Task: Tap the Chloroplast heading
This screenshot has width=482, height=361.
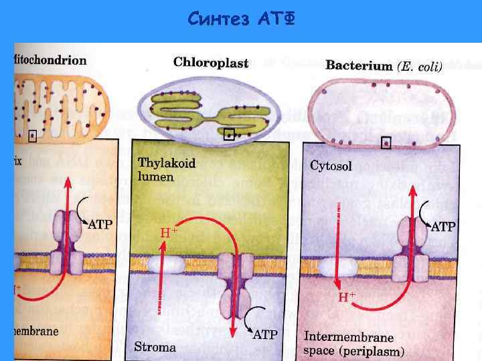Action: pyautogui.click(x=211, y=64)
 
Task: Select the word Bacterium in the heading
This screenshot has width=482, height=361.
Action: pyautogui.click(x=358, y=66)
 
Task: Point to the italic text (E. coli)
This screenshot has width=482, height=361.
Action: pyautogui.click(x=420, y=66)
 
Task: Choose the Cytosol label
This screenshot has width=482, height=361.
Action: pyautogui.click(x=331, y=165)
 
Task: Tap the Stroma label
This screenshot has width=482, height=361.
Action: pyautogui.click(x=155, y=347)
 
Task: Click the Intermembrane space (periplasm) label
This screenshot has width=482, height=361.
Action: pyautogui.click(x=353, y=344)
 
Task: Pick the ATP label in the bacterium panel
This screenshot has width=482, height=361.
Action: pyautogui.click(x=442, y=227)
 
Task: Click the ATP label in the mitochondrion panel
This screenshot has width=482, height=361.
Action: pyautogui.click(x=100, y=225)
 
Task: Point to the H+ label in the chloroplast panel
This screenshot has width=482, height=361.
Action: pyautogui.click(x=169, y=232)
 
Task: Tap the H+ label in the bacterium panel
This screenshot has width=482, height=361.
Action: pyautogui.click(x=345, y=295)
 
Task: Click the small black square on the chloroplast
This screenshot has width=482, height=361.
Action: pyautogui.click(x=230, y=134)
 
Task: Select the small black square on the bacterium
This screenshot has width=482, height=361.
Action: pyautogui.click(x=386, y=142)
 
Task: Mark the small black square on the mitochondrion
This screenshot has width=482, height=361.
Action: pyautogui.click(x=32, y=136)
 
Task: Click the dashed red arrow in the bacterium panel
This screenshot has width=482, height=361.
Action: pyautogui.click(x=339, y=241)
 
